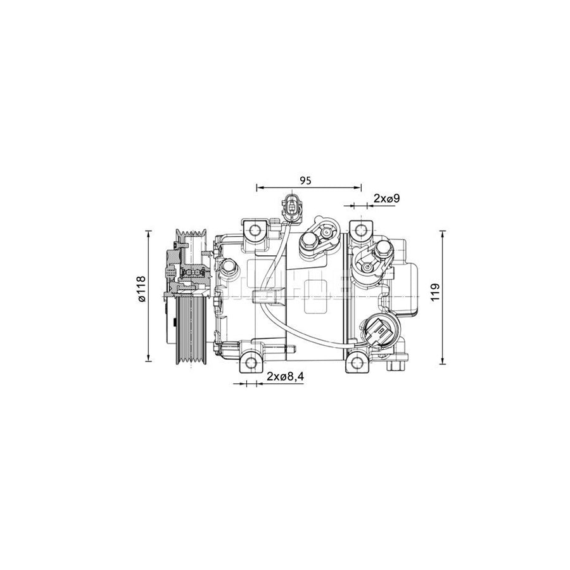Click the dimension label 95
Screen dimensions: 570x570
pyautogui.click(x=305, y=180)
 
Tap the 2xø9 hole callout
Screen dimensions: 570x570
pyautogui.click(x=386, y=199)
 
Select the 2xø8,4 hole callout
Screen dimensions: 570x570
pyautogui.click(x=285, y=377)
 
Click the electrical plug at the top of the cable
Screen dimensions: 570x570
pyautogui.click(x=293, y=207)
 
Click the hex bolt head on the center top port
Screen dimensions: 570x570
pyautogui.click(x=309, y=241)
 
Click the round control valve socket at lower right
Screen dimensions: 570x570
pyautogui.click(x=377, y=331)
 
